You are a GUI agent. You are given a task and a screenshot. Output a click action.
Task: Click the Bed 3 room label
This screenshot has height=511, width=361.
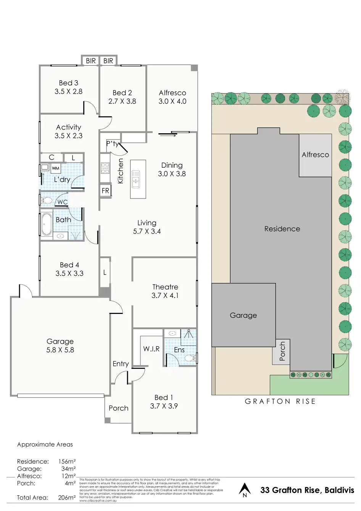click(68, 83)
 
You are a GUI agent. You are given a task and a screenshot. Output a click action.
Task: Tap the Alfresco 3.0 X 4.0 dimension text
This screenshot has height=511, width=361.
click(172, 101)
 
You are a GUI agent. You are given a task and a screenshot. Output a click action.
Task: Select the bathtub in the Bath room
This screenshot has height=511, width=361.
click(46, 224)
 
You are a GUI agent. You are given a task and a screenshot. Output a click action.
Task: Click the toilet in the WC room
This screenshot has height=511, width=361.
click(47, 201)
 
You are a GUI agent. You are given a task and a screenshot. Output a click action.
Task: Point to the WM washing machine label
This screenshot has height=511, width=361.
click(55, 168)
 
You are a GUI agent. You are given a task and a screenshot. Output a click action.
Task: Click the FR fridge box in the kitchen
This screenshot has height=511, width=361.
click(105, 191)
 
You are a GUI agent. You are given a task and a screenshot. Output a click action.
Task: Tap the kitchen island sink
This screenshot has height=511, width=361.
click(135, 179)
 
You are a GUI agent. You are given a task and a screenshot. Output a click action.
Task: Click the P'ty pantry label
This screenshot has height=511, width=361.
click(113, 144)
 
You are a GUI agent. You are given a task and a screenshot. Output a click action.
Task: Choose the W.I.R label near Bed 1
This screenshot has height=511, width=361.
click(151, 349)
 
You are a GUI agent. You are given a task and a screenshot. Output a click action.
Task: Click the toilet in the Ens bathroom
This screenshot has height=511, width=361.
click(190, 358)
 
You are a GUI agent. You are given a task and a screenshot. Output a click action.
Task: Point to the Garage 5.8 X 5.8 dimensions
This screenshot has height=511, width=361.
click(60, 350)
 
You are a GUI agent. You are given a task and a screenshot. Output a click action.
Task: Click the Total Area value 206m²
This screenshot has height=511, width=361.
click(67, 498)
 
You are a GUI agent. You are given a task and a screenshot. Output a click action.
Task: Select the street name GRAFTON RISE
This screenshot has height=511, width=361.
click(280, 401)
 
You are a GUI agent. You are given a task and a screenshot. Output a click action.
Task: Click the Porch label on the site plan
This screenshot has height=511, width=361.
click(282, 351)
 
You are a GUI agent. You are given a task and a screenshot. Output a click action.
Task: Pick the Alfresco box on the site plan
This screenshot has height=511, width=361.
click(315, 155)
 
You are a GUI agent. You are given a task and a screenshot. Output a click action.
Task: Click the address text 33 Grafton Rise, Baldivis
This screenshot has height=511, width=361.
click(307, 490)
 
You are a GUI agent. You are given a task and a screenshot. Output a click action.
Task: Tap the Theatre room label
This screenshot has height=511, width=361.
click(165, 287)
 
